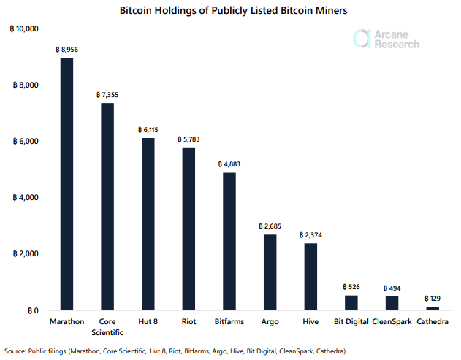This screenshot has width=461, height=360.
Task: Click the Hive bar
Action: pos(310,277)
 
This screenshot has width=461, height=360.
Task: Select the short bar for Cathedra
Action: pos(433,308)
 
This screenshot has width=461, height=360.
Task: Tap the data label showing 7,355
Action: pos(107,95)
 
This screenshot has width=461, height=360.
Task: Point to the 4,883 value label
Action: pos(229,164)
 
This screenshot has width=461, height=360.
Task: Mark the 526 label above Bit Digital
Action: pos(351,287)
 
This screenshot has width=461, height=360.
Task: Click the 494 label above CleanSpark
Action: pos(392,288)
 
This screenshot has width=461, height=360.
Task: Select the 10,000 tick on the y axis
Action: pos(26,28)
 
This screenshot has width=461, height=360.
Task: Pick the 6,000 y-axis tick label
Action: pos(28,142)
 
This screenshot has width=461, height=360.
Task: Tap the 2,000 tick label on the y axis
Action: pos(28,254)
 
